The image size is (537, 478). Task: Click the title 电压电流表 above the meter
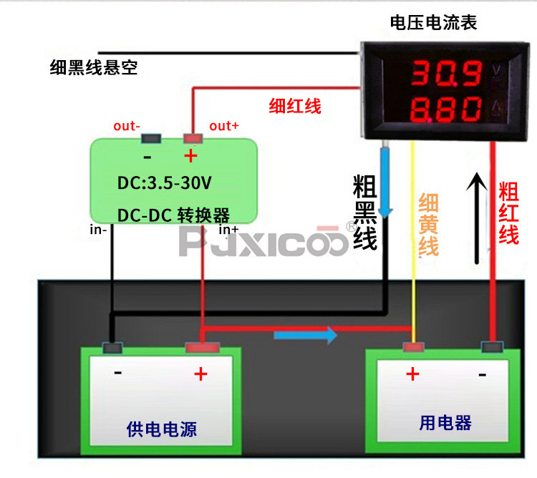[x=433, y=23]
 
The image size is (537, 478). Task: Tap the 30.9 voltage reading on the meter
[x=447, y=73]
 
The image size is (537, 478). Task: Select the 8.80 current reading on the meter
[x=446, y=109]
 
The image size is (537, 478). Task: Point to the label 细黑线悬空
[x=94, y=67]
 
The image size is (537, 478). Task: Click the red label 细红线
[x=295, y=106]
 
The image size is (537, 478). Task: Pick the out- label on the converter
[x=127, y=126]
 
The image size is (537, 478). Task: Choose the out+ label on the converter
[x=224, y=126]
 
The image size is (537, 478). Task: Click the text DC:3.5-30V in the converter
[x=165, y=182]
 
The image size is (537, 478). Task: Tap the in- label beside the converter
[x=98, y=230]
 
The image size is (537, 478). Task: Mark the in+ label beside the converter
[x=229, y=230]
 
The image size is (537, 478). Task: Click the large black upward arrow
[x=476, y=218]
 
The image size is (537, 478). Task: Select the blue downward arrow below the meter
[x=385, y=183]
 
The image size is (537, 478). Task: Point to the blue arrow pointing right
[x=306, y=335]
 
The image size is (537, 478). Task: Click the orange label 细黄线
[x=428, y=225]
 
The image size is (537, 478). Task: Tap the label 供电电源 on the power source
[x=162, y=429]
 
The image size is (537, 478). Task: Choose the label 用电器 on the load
[x=445, y=423]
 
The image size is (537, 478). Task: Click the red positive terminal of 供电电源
[x=203, y=348]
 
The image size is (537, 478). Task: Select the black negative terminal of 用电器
[x=492, y=347]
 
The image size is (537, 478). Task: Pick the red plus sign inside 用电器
[x=412, y=374]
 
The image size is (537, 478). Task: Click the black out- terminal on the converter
[x=151, y=139]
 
